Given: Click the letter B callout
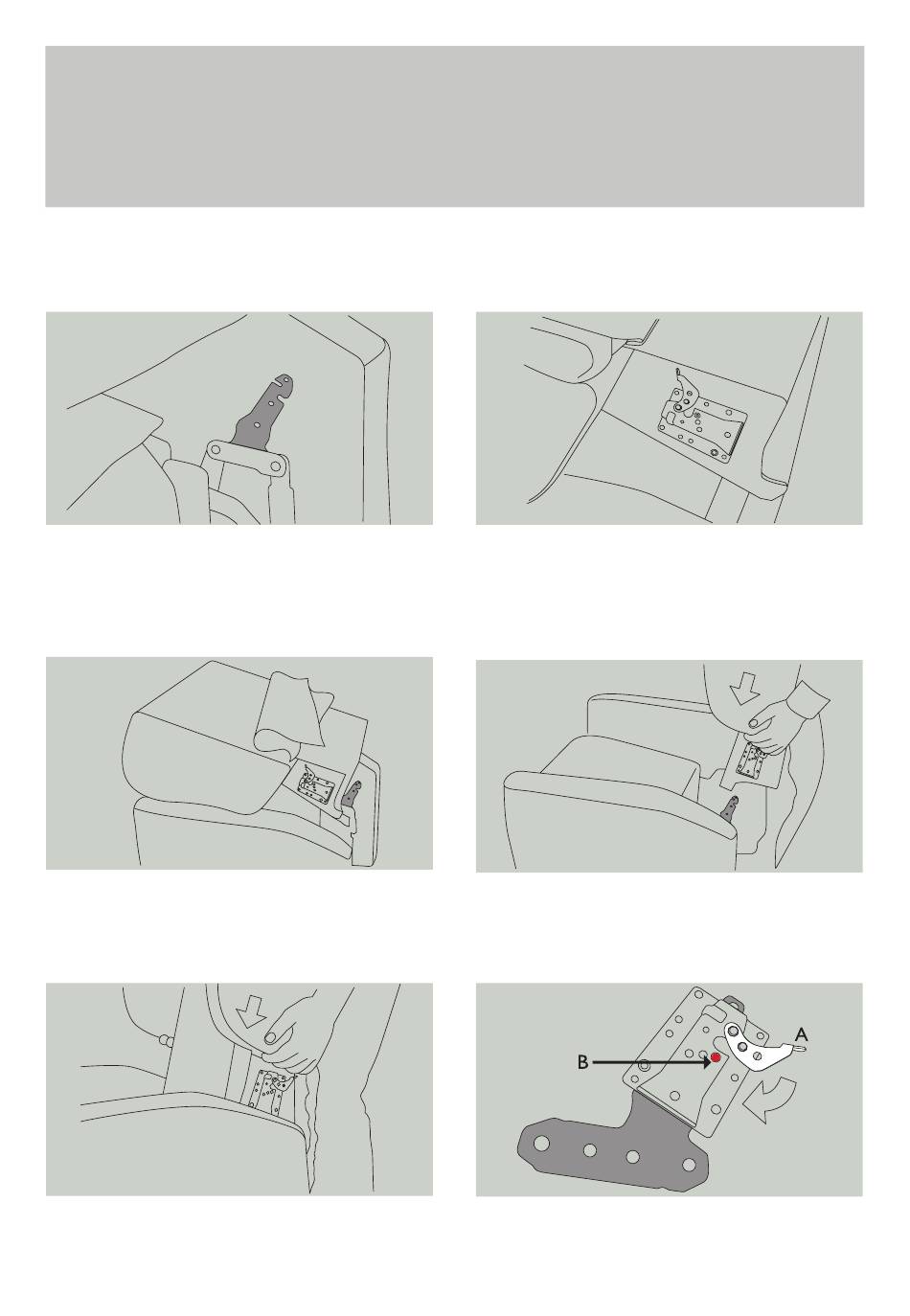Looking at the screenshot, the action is point(582,1062).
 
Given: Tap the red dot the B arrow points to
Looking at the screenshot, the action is point(715,1057).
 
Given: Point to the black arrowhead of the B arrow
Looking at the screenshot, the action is point(706,1062).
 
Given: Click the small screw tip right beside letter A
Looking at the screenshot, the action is point(800,1046).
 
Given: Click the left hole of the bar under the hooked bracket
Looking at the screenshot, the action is point(216,449).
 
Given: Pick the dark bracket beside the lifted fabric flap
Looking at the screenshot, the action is point(352,797).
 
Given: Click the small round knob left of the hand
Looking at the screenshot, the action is point(164,1040).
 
